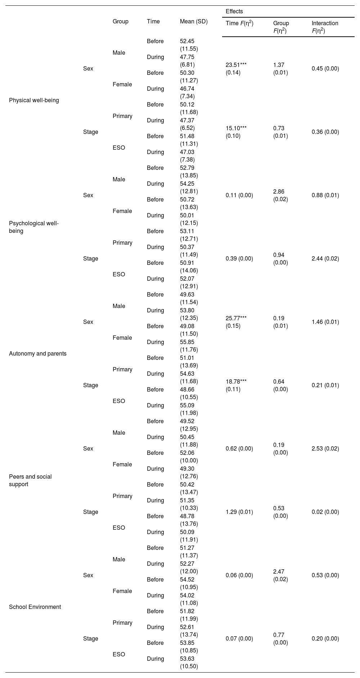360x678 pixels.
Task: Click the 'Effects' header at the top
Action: click(234, 12)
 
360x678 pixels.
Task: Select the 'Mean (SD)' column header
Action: click(194, 22)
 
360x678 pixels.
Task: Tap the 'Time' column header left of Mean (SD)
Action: click(153, 22)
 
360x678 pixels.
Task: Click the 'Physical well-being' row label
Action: click(34, 100)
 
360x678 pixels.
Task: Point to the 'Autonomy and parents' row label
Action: click(38, 354)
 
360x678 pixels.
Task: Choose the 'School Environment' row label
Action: click(35, 607)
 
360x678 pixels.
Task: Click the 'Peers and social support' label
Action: click(31, 480)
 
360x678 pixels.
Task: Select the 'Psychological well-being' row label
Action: click(34, 227)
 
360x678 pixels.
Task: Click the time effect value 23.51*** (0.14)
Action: click(236, 69)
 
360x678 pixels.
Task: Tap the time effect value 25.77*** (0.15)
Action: click(236, 322)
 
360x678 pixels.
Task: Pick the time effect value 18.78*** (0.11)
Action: click(236, 385)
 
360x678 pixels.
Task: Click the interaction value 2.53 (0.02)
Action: click(325, 449)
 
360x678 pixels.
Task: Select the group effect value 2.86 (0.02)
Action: click(281, 195)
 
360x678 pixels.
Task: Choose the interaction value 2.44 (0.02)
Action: click(325, 259)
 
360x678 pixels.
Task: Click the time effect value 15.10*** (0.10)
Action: click(236, 132)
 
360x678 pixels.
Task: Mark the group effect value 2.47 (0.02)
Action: click(281, 575)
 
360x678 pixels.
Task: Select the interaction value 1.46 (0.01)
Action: click(325, 322)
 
